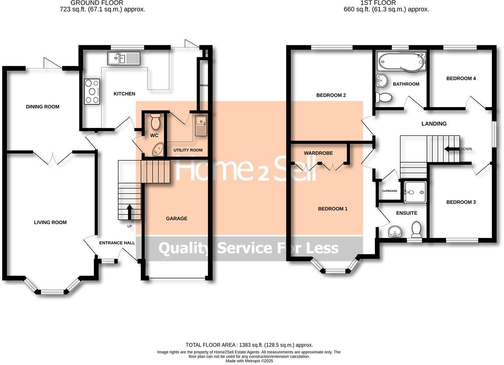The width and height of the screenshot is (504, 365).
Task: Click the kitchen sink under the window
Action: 123,58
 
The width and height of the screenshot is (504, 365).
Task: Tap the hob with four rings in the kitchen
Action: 92,91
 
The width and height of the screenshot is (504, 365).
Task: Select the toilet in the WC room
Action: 155,122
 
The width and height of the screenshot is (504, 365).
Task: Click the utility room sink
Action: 200,126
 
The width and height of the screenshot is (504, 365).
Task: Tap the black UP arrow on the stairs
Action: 129,212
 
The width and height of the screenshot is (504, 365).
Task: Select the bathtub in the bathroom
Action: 401,62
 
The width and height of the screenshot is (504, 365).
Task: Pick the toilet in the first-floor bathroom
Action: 384,97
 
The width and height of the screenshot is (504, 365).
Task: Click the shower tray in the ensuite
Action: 416,193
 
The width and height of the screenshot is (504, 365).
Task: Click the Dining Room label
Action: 42,107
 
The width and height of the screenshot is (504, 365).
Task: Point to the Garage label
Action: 177,218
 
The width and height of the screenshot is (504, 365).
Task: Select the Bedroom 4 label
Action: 461,78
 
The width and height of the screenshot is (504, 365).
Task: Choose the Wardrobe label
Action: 318,153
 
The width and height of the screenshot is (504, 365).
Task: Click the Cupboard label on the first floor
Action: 390,191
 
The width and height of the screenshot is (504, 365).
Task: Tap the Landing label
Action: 434,124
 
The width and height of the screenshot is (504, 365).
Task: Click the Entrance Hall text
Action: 117,243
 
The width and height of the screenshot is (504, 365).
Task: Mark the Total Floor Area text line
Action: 249,345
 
